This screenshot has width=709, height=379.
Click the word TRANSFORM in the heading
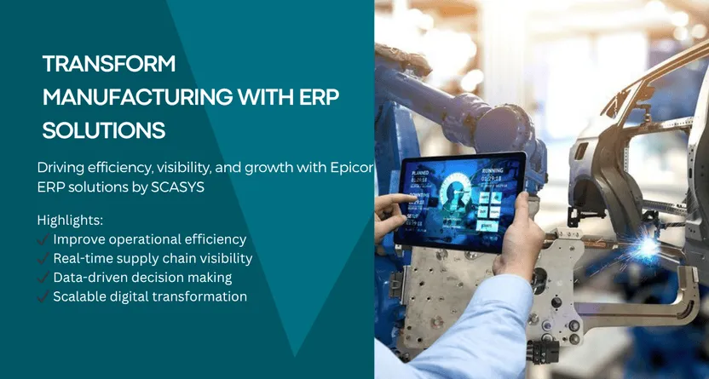point(109,64)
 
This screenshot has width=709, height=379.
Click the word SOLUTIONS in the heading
point(104,130)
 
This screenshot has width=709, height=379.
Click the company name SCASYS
point(177,187)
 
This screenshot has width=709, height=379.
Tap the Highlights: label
point(70,221)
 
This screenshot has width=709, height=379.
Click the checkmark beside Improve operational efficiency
point(43,239)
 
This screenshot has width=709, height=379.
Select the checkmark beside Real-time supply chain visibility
point(43,258)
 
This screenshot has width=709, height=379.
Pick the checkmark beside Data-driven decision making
point(43,278)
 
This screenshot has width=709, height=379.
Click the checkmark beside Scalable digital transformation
point(43,296)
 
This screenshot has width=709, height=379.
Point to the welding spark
point(648,247)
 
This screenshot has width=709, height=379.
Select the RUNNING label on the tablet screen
point(492,170)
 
